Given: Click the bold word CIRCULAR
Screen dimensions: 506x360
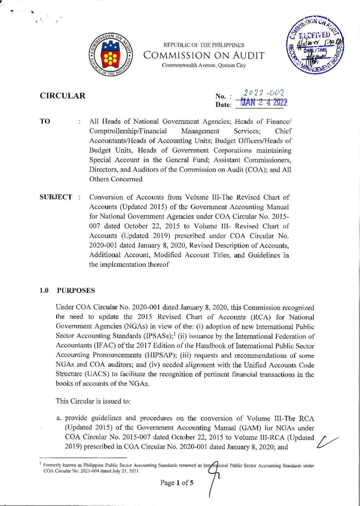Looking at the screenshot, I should tap(63, 96).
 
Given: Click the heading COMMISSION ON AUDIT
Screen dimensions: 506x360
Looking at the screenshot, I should tap(204, 55).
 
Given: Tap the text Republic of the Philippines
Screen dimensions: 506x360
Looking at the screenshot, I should tap(204, 45).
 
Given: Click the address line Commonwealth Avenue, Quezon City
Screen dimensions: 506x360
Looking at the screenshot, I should tap(204, 65).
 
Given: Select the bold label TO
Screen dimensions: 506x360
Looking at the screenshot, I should tap(45, 121).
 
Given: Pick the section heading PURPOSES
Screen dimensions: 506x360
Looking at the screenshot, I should tap(76, 290).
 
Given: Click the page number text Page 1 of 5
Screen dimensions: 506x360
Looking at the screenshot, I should tap(177, 483).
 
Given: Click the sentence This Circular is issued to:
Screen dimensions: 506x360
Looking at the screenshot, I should tap(93, 401).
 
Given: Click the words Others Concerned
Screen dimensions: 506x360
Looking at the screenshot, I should tap(116, 179).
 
